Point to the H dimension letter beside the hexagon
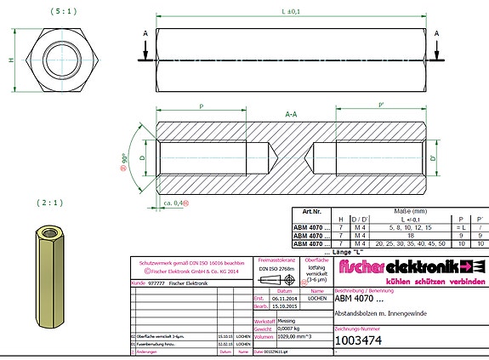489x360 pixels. pos(11,60)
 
